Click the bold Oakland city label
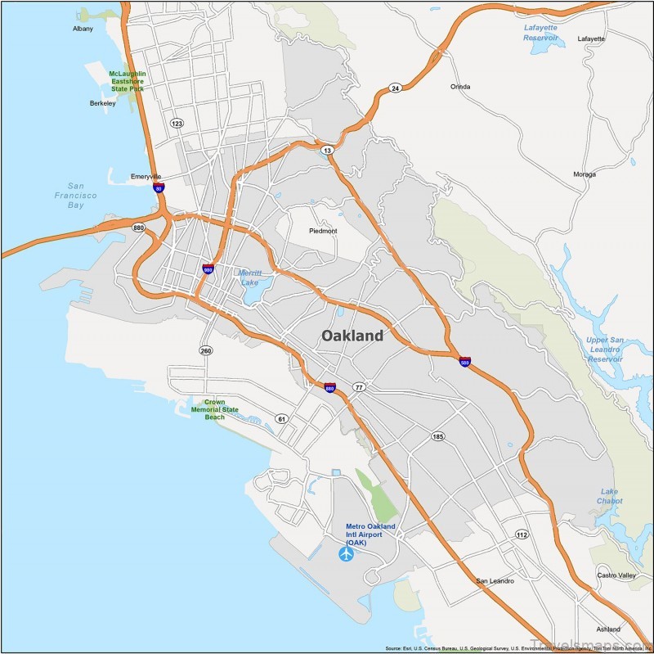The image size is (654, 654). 352,336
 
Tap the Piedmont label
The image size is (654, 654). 323,231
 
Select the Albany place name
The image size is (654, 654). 83,29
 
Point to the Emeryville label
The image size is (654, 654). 146,176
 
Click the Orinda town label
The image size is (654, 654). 461,86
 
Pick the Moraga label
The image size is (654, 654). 585,174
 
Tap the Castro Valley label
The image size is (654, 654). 616,575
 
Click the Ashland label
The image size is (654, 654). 608,629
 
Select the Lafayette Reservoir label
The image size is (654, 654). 540,32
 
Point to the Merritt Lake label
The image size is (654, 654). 249,277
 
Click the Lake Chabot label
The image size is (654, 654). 609,496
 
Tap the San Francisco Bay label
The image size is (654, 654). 82,196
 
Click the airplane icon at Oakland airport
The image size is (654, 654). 346,555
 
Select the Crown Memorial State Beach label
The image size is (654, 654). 214,409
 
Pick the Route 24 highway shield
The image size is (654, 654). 395,88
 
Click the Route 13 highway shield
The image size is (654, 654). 328,151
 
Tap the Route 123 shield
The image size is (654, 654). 177,123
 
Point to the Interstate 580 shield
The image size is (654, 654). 464,361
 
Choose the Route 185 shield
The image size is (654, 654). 438,437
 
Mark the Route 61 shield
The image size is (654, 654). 282,419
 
